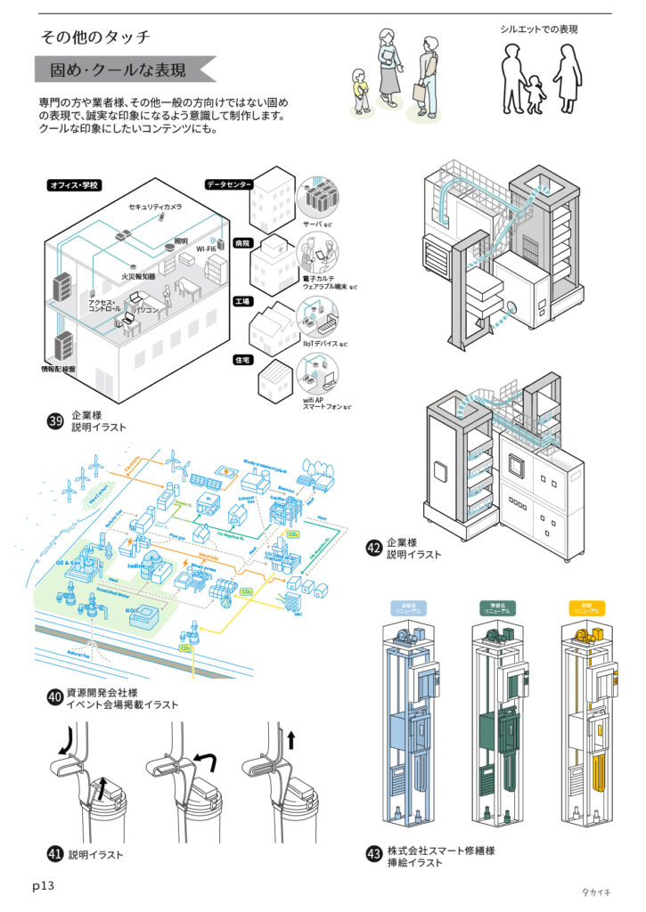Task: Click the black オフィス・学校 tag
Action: coord(73,186)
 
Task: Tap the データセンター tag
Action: coord(229,184)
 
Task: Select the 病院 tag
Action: coord(241,242)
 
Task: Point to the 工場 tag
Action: coord(241,302)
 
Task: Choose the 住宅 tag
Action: coord(241,360)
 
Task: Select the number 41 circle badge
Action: coord(54,854)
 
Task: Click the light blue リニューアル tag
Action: coord(408,609)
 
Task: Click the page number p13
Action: coord(44,885)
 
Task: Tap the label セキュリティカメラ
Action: coord(155,207)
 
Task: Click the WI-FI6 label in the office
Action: coord(207,248)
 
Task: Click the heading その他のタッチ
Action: coord(95,37)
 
